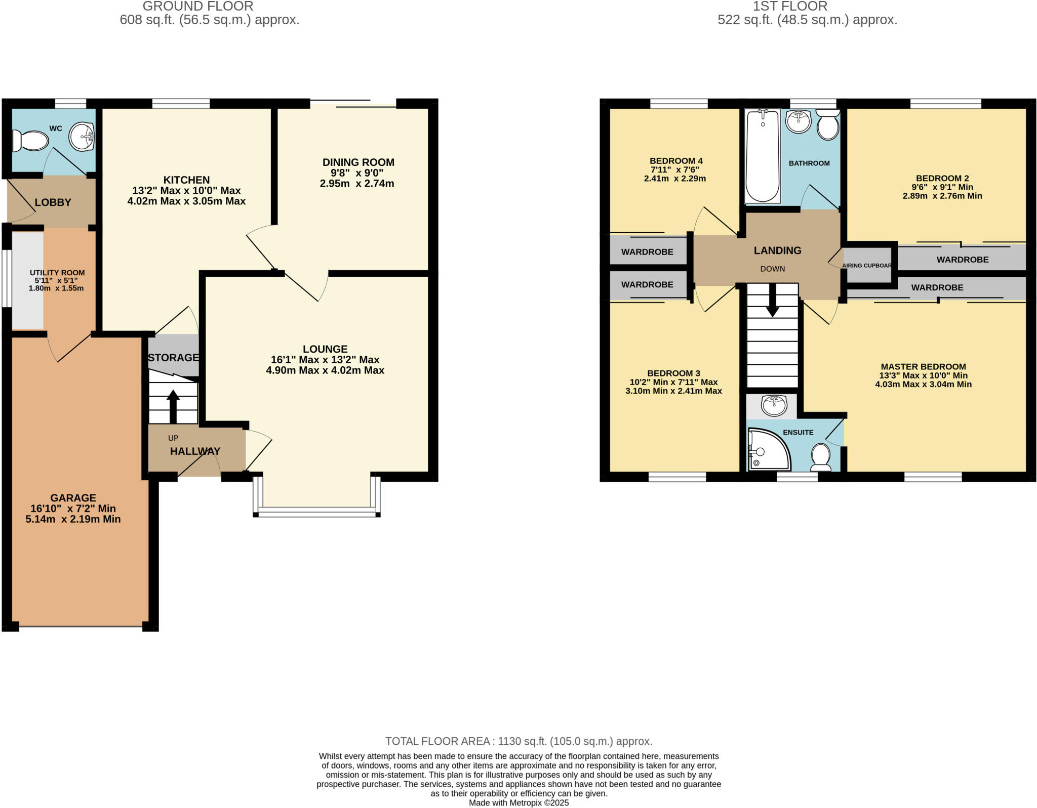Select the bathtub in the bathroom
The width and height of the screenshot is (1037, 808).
763,156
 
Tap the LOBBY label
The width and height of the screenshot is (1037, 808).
53,202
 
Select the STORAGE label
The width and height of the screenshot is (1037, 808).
173,358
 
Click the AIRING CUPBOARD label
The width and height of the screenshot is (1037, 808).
867,266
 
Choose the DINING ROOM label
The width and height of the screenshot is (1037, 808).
358,162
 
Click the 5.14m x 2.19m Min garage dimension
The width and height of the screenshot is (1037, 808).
73,519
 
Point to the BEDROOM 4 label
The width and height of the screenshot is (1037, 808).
676,161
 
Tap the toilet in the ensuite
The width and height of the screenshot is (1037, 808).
820,456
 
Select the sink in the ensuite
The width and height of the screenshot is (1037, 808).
774,405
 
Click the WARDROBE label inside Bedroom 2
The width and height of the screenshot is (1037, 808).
962,260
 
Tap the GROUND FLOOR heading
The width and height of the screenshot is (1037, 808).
198,6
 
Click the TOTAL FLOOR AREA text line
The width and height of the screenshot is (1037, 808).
518,741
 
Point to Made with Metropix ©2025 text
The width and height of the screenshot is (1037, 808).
518,803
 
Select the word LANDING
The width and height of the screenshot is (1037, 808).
777,250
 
